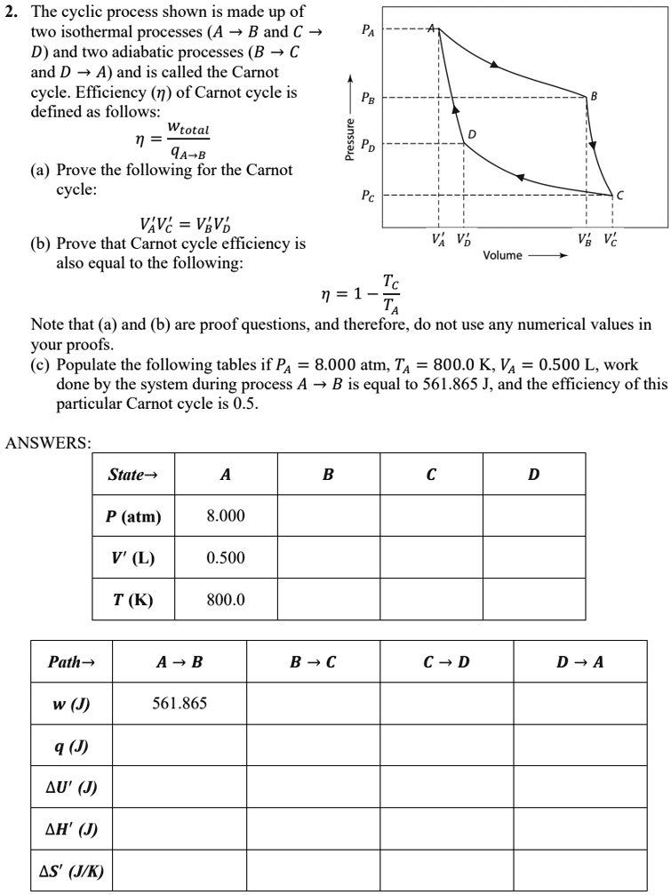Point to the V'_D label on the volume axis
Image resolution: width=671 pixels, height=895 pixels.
[x=464, y=238]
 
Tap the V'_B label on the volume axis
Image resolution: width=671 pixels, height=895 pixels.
[x=586, y=238]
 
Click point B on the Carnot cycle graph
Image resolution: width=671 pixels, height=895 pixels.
[x=593, y=95]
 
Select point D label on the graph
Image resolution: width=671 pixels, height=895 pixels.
[x=473, y=133]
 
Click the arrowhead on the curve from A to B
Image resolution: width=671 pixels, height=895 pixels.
[x=492, y=65]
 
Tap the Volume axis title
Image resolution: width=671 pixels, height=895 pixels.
[x=503, y=256]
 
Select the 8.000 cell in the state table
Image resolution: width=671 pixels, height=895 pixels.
[x=226, y=516]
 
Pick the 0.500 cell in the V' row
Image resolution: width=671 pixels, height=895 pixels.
[x=226, y=558]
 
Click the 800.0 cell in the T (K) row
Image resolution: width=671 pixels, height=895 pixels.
[x=226, y=600]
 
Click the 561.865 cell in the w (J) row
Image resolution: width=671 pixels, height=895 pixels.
[x=180, y=705]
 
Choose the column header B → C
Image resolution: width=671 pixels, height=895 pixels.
[x=313, y=663]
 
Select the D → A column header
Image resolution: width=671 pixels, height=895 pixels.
[x=579, y=663]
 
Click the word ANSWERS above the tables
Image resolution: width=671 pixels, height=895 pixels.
[x=46, y=442]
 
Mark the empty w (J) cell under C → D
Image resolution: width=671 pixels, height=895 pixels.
[x=446, y=705]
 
